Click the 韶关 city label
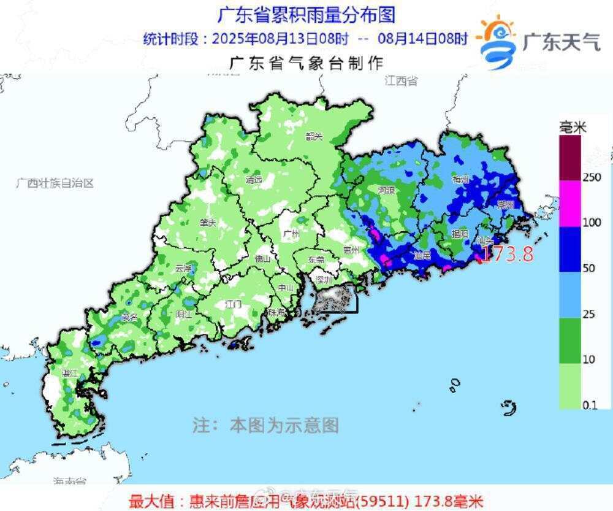[314, 137]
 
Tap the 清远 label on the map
[254, 180]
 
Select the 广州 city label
[292, 234]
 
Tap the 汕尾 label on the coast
[422, 255]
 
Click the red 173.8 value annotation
[506, 253]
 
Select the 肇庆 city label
[208, 223]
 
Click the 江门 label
[234, 304]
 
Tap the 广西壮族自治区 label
[55, 183]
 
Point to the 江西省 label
[402, 81]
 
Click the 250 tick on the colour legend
[574, 177]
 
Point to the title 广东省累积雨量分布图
[306, 14]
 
